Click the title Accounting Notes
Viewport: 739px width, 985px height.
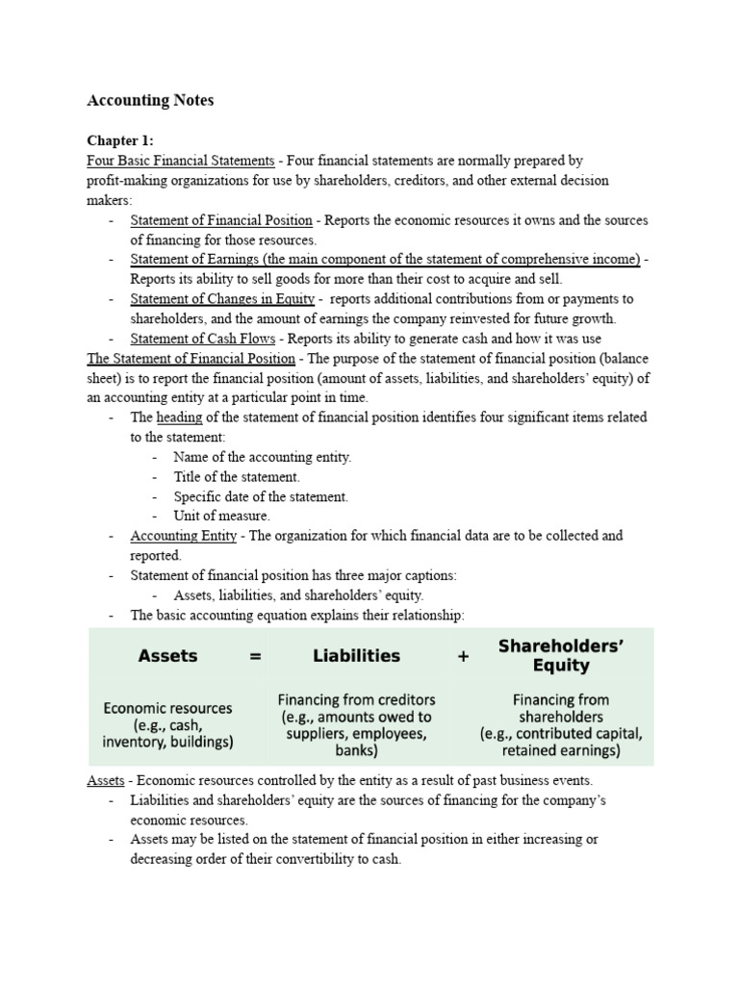150,100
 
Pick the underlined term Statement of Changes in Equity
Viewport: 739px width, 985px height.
222,299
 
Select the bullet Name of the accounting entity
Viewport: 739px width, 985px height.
263,457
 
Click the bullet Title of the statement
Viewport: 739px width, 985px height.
237,476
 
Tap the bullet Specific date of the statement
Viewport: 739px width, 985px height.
261,496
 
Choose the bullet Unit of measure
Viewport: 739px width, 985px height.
221,516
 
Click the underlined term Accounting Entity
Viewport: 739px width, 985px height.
183,536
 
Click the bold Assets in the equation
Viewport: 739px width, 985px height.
167,656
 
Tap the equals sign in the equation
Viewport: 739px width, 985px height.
255,656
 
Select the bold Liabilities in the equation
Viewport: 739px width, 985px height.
356,656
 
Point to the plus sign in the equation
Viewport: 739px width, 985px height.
463,656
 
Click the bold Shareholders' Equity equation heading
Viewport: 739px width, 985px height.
561,656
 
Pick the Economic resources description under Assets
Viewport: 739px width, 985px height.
167,724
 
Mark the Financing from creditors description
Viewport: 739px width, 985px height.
356,724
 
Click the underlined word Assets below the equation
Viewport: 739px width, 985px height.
105,780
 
